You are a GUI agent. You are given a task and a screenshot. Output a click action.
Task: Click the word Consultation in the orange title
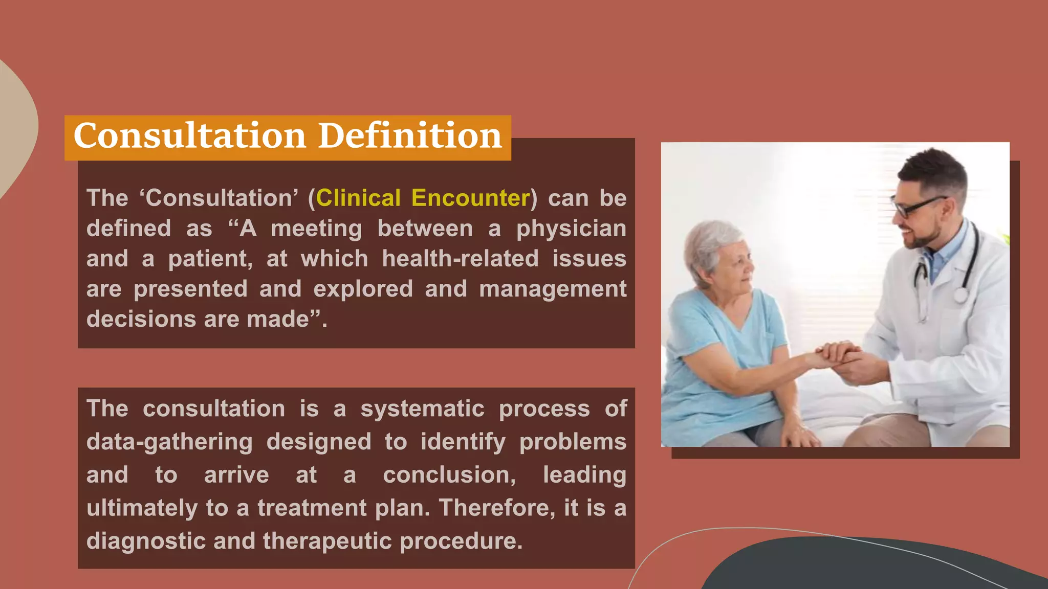pos(189,136)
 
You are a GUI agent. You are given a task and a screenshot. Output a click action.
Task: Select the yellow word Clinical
pos(358,198)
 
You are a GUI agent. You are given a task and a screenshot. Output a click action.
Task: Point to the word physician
pos(571,229)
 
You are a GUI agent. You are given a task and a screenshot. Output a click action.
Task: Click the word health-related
pos(460,259)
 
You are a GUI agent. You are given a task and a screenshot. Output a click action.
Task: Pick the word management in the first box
pos(553,289)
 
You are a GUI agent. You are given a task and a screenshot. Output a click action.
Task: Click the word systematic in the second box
pos(422,409)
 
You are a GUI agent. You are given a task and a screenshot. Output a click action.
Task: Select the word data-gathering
pos(169,442)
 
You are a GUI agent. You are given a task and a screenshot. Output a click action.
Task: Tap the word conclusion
pos(449,475)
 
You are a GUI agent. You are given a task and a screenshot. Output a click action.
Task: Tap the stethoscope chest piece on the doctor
pos(961,294)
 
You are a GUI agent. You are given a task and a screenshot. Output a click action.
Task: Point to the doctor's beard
pos(926,238)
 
